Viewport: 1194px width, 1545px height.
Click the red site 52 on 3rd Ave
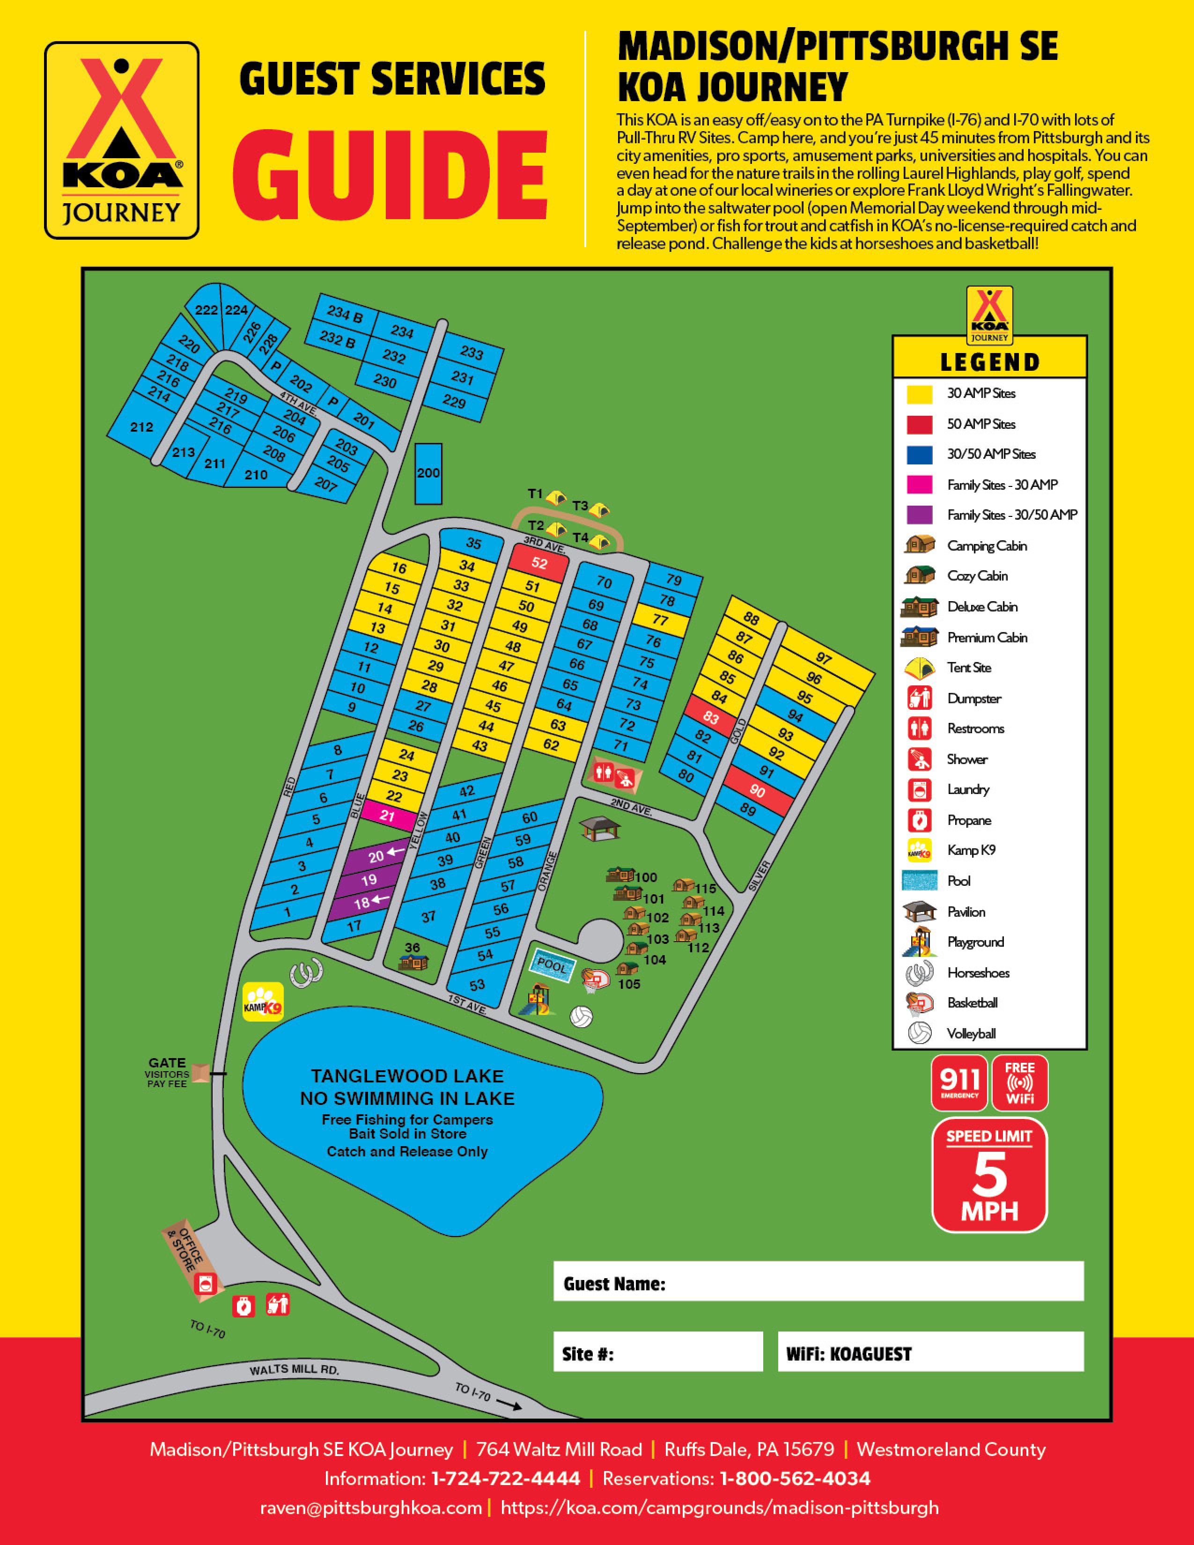(539, 564)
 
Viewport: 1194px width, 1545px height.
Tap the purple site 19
(369, 880)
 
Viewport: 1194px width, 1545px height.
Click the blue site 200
(428, 473)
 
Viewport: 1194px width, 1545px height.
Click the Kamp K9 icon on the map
(263, 1002)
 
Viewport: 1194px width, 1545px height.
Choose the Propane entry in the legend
(968, 820)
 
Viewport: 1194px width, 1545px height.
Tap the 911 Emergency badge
(959, 1083)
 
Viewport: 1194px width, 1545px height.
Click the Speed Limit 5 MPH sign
(989, 1175)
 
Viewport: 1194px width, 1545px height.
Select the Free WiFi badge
(1019, 1083)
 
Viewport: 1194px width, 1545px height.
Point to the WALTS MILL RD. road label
(294, 1370)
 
